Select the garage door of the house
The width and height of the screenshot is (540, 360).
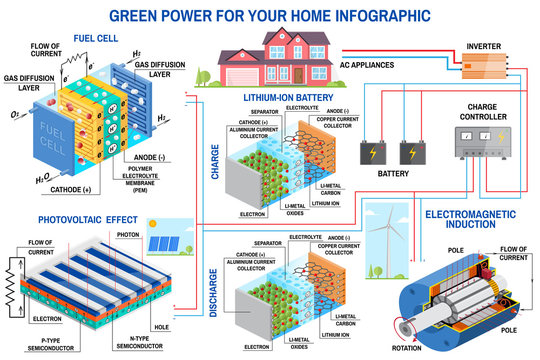pyautogui.click(x=247, y=76)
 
